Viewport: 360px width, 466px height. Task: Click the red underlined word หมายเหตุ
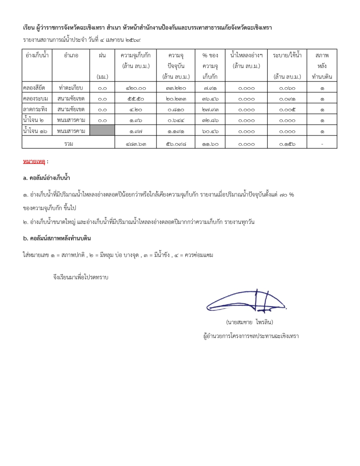click(34, 162)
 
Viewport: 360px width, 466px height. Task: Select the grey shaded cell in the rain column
click(102, 130)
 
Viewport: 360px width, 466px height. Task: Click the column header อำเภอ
click(71, 55)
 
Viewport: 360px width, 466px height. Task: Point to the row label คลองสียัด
click(34, 88)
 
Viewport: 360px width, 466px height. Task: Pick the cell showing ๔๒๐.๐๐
click(136, 88)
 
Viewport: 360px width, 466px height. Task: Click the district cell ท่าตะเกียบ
click(71, 88)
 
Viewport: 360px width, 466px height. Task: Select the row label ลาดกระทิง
click(35, 109)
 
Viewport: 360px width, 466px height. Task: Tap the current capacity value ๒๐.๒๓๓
click(176, 99)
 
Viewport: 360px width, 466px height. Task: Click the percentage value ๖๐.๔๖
click(210, 131)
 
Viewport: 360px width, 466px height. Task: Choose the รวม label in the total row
click(68, 144)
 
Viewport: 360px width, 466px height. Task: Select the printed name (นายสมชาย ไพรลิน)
click(249, 322)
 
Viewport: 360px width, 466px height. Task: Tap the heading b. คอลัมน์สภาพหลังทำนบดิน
click(57, 238)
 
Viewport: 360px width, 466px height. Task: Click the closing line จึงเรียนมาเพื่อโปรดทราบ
click(81, 277)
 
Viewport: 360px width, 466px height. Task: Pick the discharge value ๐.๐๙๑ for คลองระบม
click(287, 99)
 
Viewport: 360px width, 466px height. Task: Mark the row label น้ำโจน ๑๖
click(35, 131)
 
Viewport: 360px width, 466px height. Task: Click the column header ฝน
click(102, 55)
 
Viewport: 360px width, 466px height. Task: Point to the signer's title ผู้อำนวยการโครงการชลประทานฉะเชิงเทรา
click(251, 336)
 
